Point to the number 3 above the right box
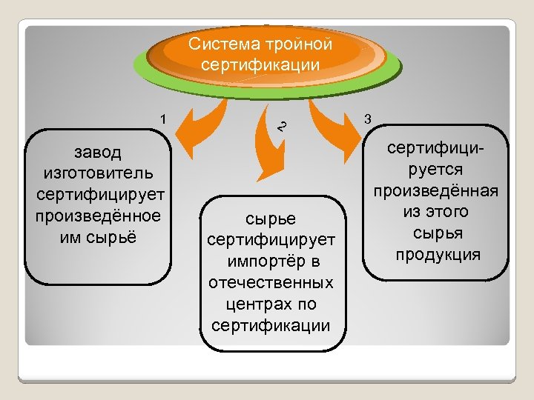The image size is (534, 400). pyautogui.click(x=369, y=119)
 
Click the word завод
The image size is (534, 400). pyautogui.click(x=97, y=153)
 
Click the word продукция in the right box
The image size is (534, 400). pyautogui.click(x=438, y=255)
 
